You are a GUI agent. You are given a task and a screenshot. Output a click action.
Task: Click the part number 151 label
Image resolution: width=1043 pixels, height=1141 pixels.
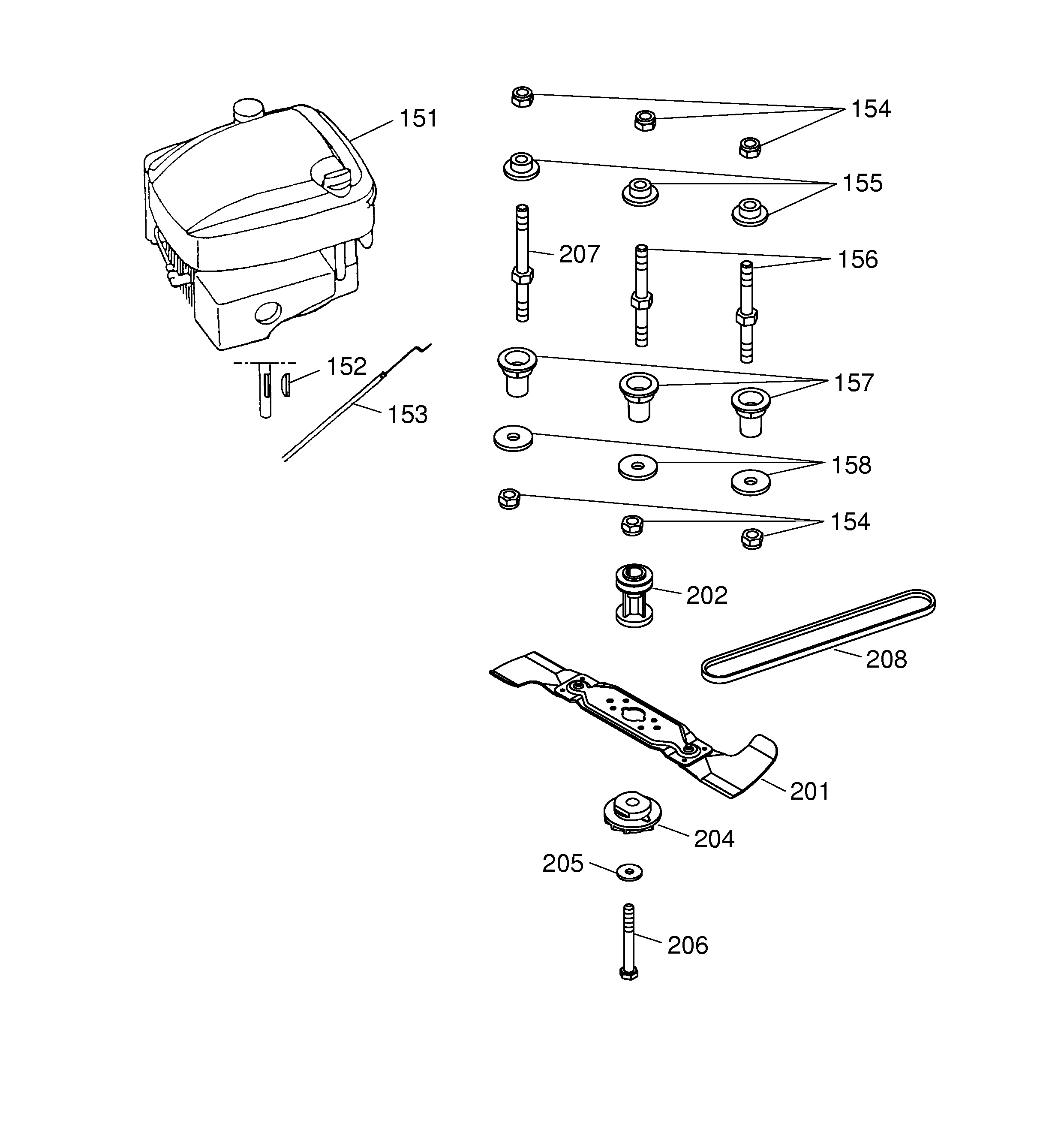(418, 119)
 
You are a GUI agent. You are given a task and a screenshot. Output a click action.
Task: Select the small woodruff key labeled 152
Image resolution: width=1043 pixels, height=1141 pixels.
(286, 385)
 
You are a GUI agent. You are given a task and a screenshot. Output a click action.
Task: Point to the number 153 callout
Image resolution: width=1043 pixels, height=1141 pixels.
(407, 415)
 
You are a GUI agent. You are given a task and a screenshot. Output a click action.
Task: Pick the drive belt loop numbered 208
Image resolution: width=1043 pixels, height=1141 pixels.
(818, 636)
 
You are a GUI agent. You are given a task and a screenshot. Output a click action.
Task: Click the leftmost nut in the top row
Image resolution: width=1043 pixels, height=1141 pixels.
(522, 97)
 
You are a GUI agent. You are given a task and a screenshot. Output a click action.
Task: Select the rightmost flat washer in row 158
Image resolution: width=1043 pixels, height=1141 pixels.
(750, 482)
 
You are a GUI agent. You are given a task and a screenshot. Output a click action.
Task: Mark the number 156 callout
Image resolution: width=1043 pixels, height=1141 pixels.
(857, 260)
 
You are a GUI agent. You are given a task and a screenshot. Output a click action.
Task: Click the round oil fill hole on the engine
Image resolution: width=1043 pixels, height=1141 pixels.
(268, 312)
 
